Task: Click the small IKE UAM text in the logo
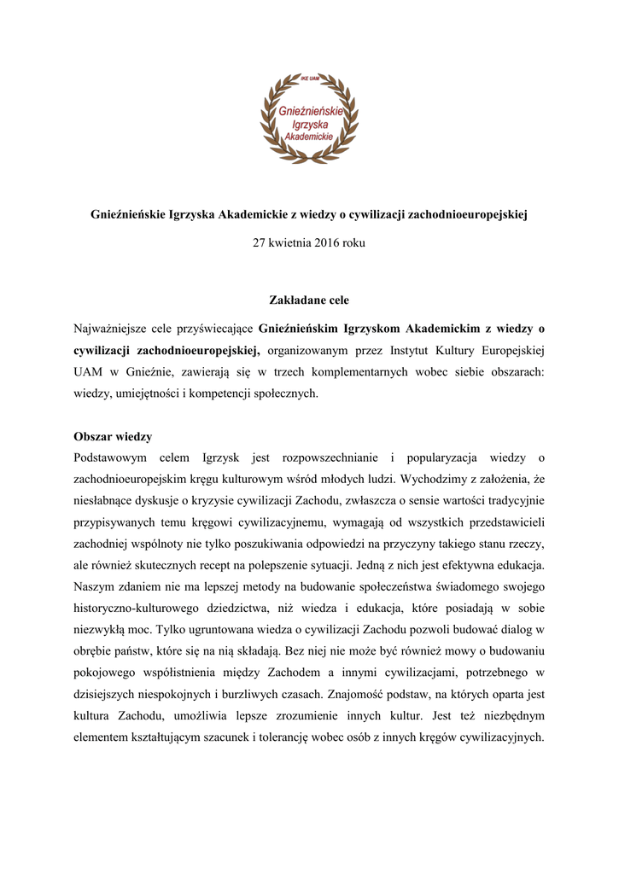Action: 309,77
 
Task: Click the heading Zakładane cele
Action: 309,300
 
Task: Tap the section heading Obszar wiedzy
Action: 113,436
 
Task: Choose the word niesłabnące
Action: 103,503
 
